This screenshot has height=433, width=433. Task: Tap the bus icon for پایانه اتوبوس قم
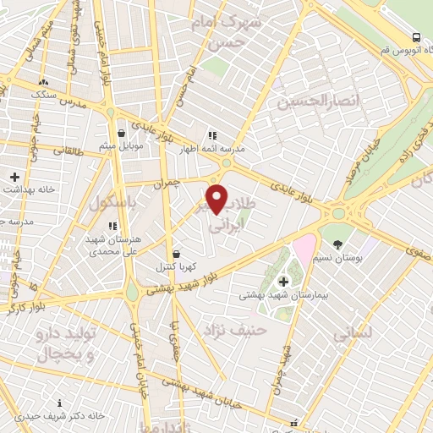point(416,37)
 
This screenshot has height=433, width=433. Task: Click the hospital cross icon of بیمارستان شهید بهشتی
point(282,281)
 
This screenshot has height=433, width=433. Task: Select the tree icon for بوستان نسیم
point(338,244)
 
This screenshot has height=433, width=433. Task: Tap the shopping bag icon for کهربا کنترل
point(176,254)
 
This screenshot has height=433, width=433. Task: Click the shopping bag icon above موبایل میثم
point(122,134)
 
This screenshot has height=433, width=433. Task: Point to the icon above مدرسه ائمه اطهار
point(212,134)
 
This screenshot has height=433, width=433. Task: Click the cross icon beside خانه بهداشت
point(14,177)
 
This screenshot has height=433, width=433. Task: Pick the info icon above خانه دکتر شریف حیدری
point(59,403)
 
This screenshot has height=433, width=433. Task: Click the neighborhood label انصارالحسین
point(306,102)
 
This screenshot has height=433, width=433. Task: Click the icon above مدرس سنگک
point(42,82)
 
